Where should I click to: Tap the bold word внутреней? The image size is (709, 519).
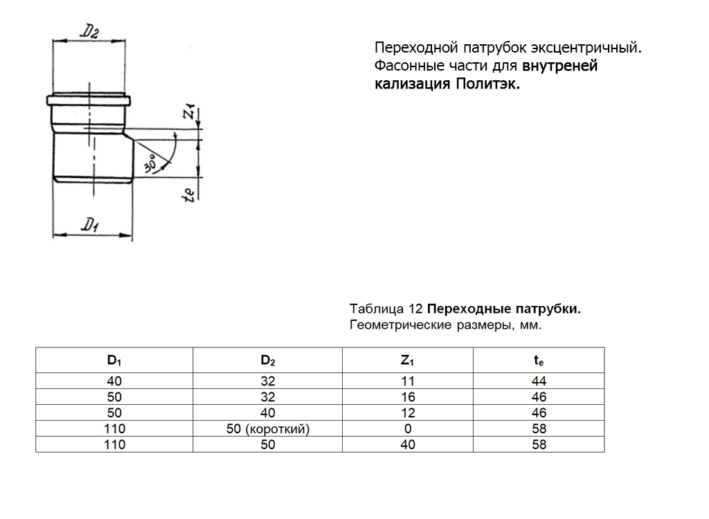[559, 66]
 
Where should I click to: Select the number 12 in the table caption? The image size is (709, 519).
[416, 309]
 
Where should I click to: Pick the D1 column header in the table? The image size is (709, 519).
[114, 360]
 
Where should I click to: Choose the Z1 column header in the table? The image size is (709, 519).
[408, 360]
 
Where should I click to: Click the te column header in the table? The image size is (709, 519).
[539, 360]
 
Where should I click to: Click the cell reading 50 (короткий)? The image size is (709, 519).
[267, 429]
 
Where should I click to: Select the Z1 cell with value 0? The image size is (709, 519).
[408, 429]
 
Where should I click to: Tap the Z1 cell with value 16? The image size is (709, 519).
[408, 397]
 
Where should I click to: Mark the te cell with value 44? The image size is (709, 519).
[539, 381]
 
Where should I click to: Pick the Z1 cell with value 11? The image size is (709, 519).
[408, 381]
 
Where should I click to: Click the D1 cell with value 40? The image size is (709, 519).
[114, 381]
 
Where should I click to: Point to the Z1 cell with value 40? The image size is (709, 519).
[408, 445]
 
